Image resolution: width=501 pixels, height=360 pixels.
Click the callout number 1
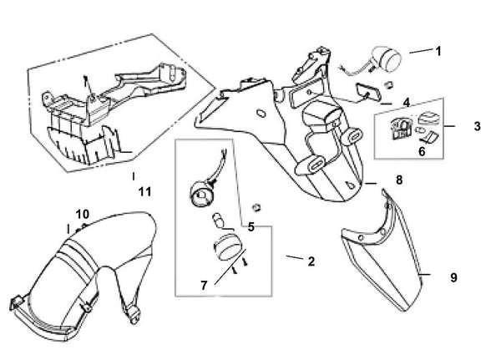click(x=438, y=51)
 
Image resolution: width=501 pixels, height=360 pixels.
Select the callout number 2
click(x=311, y=261)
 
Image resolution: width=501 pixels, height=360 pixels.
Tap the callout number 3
click(x=477, y=126)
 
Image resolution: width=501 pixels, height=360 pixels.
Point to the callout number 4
click(x=407, y=103)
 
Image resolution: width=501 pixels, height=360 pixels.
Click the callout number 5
click(x=251, y=227)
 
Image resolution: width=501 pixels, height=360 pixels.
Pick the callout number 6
click(x=422, y=151)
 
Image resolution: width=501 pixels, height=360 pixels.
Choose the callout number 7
click(x=205, y=286)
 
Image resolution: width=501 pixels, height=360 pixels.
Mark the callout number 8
click(x=399, y=180)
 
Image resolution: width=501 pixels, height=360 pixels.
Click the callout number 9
click(x=454, y=277)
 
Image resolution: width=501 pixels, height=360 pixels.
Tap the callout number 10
click(x=83, y=214)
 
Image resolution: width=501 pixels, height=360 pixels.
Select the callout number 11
click(x=144, y=192)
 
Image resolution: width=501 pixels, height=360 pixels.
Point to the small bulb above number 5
click(x=217, y=220)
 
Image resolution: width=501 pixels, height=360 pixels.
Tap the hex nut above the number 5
click(x=256, y=207)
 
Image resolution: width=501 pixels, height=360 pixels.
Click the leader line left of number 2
click(x=295, y=257)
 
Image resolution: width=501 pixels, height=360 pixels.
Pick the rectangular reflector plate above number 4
click(x=367, y=93)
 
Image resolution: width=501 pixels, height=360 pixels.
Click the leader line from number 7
click(x=230, y=266)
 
